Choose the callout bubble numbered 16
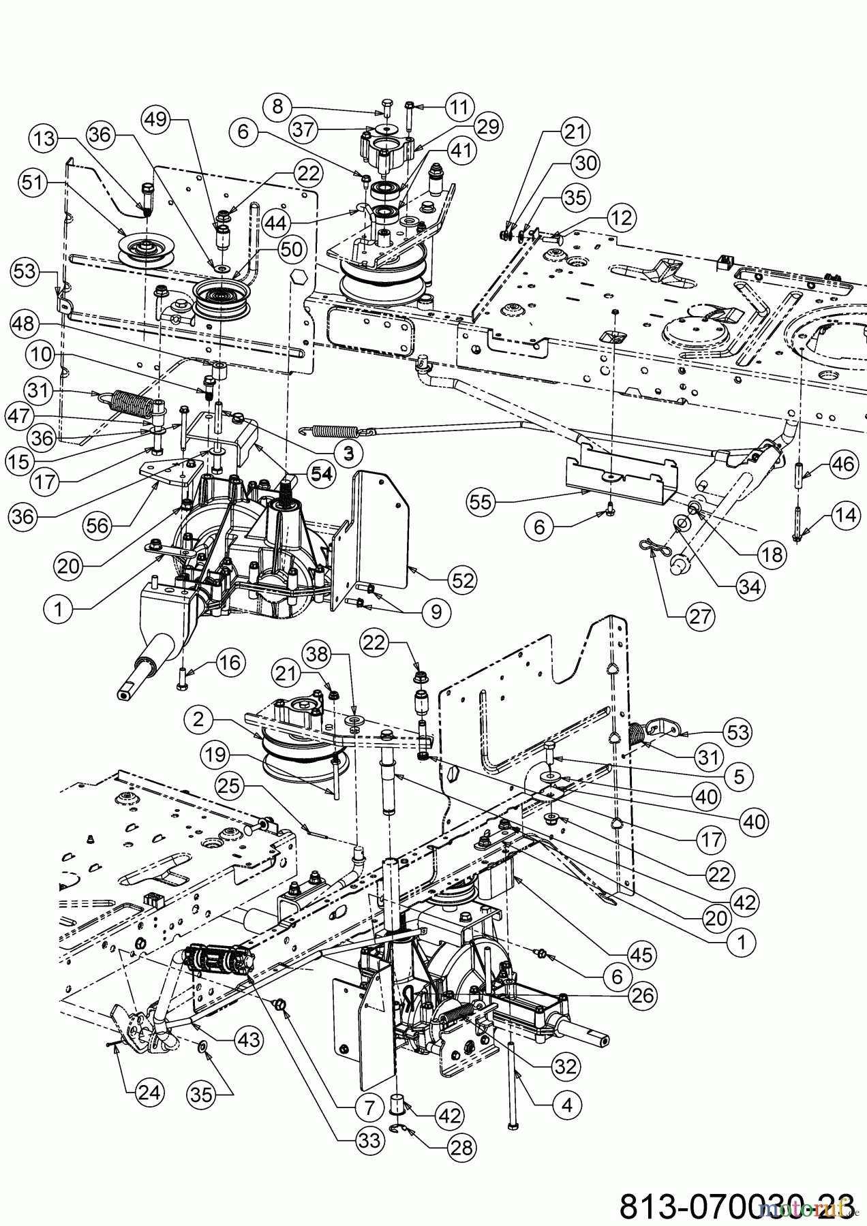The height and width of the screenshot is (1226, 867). point(230,662)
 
